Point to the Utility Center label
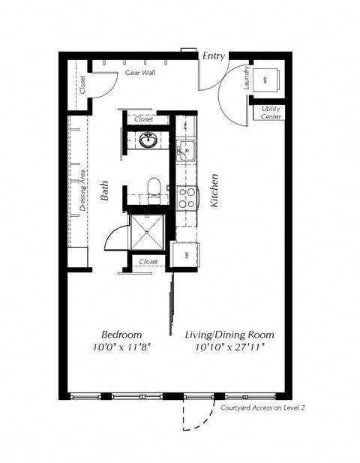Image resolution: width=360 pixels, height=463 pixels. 271,113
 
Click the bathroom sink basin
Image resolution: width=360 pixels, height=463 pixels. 148,140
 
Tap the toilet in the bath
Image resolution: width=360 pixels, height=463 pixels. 154,188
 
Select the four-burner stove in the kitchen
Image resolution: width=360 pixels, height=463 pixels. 186,197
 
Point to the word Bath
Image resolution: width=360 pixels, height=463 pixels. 106,194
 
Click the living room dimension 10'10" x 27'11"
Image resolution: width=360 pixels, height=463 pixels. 229,347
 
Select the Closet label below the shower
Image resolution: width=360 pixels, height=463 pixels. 148,262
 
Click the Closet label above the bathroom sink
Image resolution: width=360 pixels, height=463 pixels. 143,119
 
